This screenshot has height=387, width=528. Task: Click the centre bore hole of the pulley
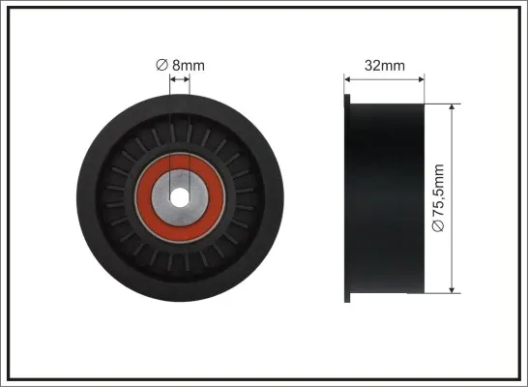click(180, 197)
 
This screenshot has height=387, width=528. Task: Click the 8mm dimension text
click(189, 66)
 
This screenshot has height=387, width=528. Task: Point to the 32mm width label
click(385, 66)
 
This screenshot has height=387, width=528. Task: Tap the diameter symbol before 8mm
click(161, 65)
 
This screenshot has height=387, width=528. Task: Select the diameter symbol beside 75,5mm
click(438, 226)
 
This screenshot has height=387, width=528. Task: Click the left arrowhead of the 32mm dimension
click(347, 79)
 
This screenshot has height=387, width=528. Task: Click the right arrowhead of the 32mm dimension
click(421, 79)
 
